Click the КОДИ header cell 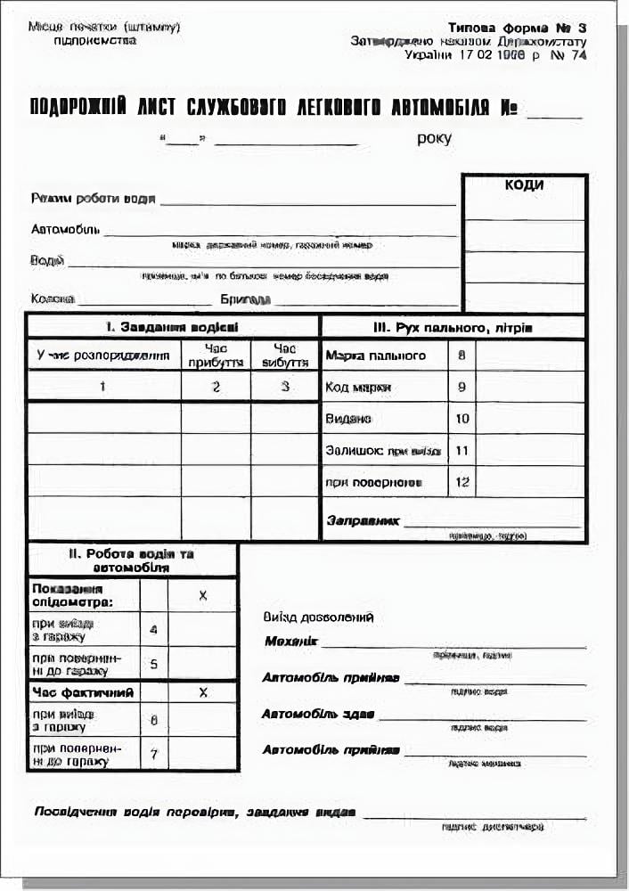pos(524,185)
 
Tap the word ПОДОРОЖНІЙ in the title pos(78,109)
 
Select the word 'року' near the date pos(434,138)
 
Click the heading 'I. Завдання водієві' pos(173,327)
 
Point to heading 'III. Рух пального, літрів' pos(453,328)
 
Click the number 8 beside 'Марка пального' pos(462,356)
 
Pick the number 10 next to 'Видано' pos(462,418)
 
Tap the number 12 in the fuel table pos(462,482)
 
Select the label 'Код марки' pos(359,388)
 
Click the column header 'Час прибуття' pos(216,356)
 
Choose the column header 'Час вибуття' pos(284,356)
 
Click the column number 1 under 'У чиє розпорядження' pos(103,386)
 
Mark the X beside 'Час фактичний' pos(203,691)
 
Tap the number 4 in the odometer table pos(153,629)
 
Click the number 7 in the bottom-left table pos(153,755)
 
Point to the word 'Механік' pos(290,642)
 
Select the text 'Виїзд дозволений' pos(318,617)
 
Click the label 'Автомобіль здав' pos(318,715)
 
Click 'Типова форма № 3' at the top pos(517,28)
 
